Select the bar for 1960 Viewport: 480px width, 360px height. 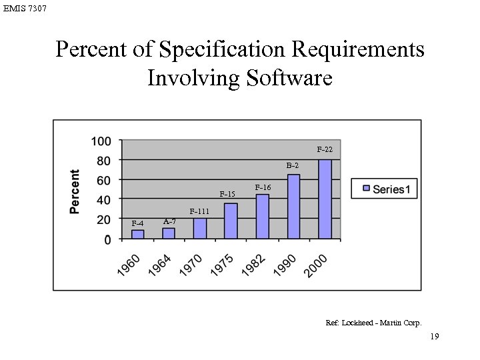tap(138, 234)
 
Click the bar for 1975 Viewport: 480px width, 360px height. tap(231, 221)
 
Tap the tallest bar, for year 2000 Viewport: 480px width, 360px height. tap(325, 199)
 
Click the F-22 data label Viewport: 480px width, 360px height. tap(325, 149)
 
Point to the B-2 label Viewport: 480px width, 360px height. tap(293, 165)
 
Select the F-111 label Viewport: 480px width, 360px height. tap(200, 211)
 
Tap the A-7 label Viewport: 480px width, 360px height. tap(169, 221)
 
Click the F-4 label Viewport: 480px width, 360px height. tap(137, 223)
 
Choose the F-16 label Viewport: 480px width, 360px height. tap(262, 188)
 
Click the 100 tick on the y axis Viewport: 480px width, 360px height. tap(101, 141)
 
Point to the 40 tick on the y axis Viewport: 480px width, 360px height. tap(104, 199)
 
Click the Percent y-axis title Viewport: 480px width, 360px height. tap(75, 191)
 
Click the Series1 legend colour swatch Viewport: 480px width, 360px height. tap(366, 189)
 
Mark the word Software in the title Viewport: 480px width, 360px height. tap(289, 78)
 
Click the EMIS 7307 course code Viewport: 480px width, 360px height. tap(25, 9)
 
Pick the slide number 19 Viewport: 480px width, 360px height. tap(434, 337)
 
